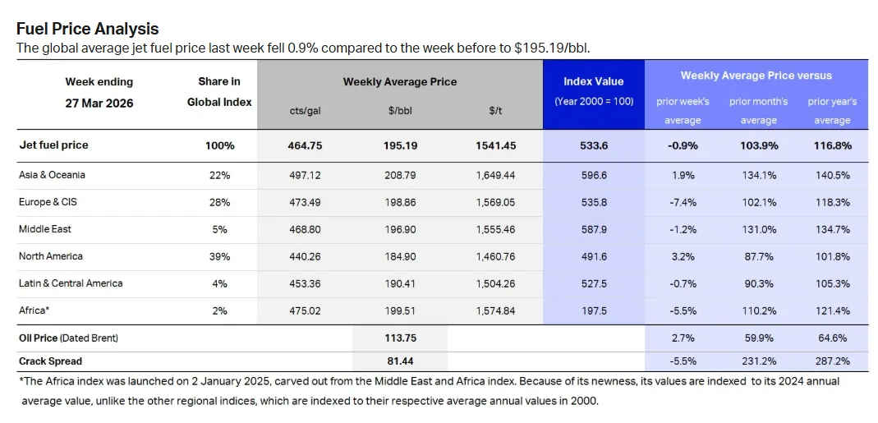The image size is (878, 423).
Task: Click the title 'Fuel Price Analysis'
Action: (x=88, y=30)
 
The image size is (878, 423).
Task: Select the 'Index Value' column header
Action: (x=593, y=81)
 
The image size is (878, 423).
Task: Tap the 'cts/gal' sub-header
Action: (x=305, y=111)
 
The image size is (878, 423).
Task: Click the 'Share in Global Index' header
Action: (x=219, y=92)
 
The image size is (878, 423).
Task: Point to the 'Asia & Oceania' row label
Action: (x=52, y=175)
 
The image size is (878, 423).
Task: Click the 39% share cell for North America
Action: (x=219, y=256)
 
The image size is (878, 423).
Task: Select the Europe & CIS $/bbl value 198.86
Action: (x=400, y=202)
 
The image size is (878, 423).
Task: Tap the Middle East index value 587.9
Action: (x=593, y=229)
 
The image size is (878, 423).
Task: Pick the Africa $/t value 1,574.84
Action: (x=495, y=310)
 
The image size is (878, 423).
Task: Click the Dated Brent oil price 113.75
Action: (x=400, y=338)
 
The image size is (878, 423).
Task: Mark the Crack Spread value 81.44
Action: (x=400, y=361)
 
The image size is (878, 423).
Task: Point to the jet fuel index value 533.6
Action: (x=593, y=145)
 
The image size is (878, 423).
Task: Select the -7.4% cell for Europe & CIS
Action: (x=682, y=202)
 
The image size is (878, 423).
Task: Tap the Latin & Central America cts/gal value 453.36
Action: (x=305, y=283)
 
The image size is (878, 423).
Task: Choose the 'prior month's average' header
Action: (x=758, y=111)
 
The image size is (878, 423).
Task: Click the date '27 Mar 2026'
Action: (x=99, y=103)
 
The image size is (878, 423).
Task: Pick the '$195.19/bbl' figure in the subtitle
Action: (x=551, y=48)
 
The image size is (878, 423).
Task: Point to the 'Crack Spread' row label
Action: (x=51, y=361)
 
